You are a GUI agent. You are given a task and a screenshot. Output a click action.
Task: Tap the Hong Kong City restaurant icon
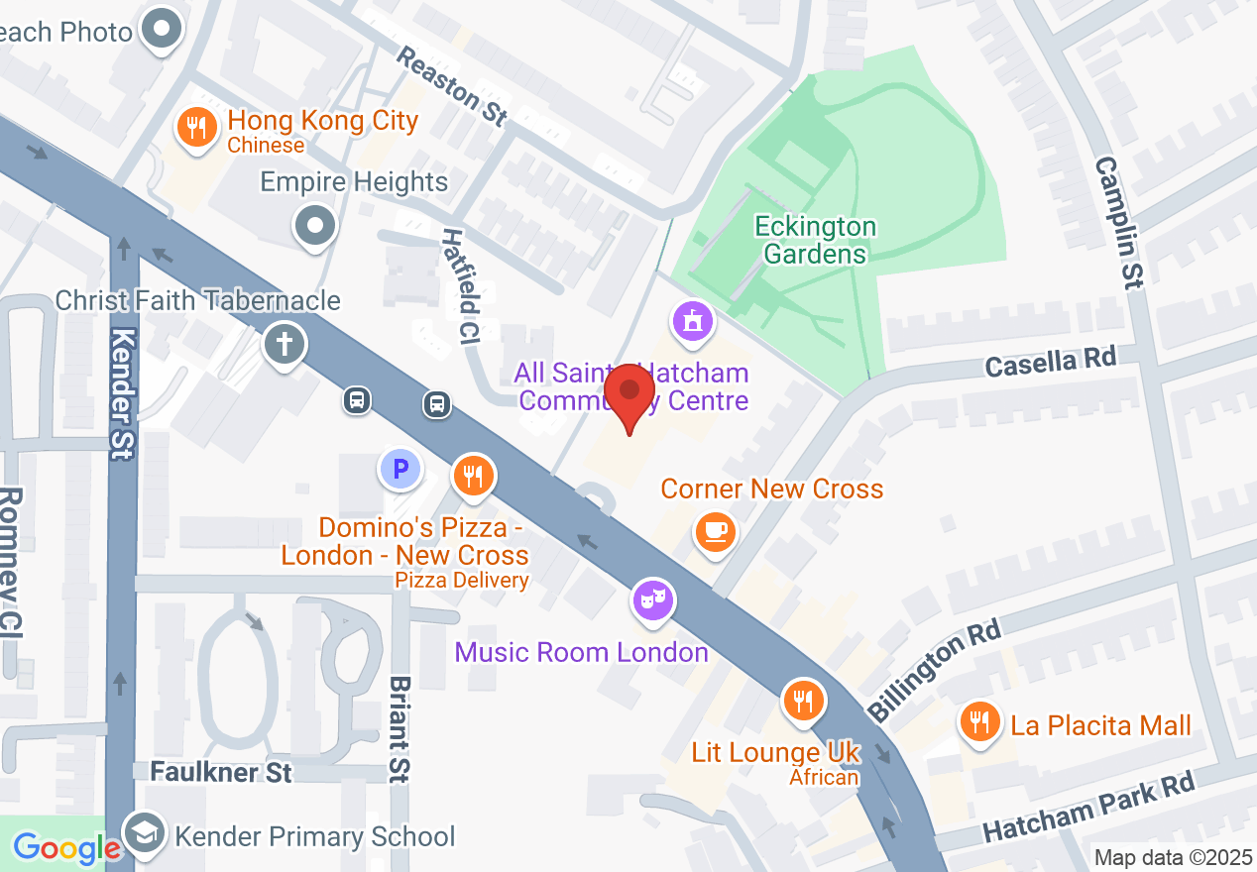pos(197,128)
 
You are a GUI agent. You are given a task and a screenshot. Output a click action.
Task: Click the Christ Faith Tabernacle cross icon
pos(285,346)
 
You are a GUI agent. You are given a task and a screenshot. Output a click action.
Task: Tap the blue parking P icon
pos(400,469)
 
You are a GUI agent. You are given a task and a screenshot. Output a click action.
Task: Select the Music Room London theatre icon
pos(652,599)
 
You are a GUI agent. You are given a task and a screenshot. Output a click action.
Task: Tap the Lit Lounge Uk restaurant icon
pos(803,702)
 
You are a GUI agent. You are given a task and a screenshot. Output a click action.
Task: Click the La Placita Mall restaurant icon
pos(979,722)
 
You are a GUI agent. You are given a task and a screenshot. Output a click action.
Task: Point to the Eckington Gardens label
pos(815,240)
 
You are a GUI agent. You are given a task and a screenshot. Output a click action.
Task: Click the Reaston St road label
pos(451,85)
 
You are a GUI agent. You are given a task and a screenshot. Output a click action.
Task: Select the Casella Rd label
pos(1050,361)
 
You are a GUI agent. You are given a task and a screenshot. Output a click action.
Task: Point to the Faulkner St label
pos(221,771)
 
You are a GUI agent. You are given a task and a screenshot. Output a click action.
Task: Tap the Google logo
pos(66,848)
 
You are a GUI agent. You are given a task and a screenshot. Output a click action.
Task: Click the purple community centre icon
pos(693,322)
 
